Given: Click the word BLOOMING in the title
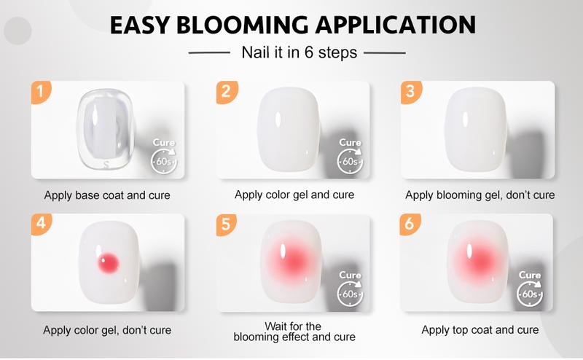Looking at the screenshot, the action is pyautogui.click(x=242, y=26).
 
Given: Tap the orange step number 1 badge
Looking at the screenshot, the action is pyautogui.click(x=41, y=92).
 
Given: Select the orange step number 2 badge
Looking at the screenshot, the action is pyautogui.click(x=226, y=92).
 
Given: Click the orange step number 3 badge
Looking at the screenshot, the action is pyautogui.click(x=410, y=92).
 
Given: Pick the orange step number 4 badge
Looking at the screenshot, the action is pyautogui.click(x=41, y=224).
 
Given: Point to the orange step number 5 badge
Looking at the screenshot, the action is pyautogui.click(x=226, y=224).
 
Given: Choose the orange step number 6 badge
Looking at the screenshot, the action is pyautogui.click(x=410, y=224).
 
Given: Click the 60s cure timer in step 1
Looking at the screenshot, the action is pyautogui.click(x=164, y=161).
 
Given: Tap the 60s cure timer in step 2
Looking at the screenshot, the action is pyautogui.click(x=351, y=161).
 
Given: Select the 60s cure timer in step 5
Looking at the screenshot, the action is pyautogui.click(x=351, y=294).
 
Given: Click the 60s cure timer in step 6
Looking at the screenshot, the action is pyautogui.click(x=530, y=294).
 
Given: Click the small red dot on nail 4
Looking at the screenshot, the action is pyautogui.click(x=108, y=263).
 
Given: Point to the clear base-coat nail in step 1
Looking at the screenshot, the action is pyautogui.click(x=106, y=129).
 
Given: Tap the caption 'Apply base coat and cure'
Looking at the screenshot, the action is pyautogui.click(x=107, y=195).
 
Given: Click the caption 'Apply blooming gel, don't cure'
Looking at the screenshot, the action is pyautogui.click(x=480, y=195).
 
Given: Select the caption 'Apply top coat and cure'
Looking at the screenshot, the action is pyautogui.click(x=480, y=330).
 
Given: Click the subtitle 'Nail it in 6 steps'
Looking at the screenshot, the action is pyautogui.click(x=300, y=52).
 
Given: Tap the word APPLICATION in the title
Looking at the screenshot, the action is pyautogui.click(x=396, y=26).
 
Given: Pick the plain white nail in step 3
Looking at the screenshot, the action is pyautogui.click(x=476, y=130).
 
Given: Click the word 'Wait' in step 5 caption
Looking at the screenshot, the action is pyautogui.click(x=275, y=326).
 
